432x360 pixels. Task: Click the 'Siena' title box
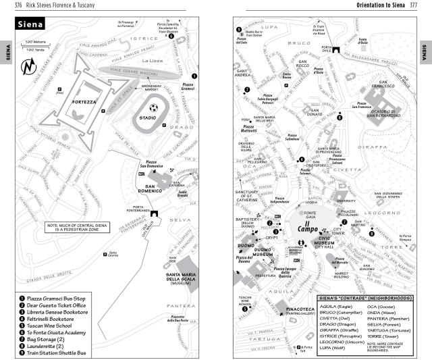pyautogui.click(x=30, y=24)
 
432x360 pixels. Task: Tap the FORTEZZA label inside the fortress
pyautogui.click(x=89, y=101)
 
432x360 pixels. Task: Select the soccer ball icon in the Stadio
pyautogui.click(x=153, y=107)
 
